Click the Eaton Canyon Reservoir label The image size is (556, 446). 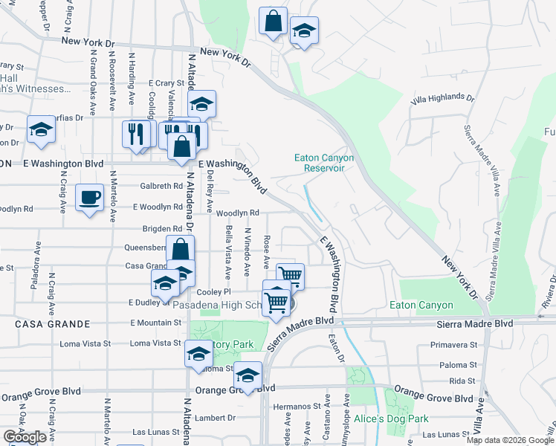coord(324,163)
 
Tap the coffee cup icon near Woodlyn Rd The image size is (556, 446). coord(90,198)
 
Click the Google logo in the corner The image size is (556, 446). coord(25,437)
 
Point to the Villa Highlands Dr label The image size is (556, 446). coord(442,97)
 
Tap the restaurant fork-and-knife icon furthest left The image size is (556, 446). coord(135,134)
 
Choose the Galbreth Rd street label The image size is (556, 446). coord(161,186)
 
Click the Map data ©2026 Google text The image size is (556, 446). coord(510,440)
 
